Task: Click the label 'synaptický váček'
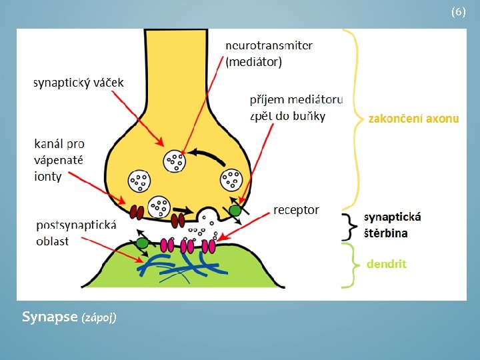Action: pyautogui.click(x=79, y=83)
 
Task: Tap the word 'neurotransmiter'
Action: pyautogui.click(x=269, y=46)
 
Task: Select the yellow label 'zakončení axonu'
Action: pyautogui.click(x=413, y=119)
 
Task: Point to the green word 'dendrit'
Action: pyautogui.click(x=386, y=264)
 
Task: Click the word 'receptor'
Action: pyautogui.click(x=296, y=210)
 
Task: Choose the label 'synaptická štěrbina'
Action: pyautogui.click(x=393, y=225)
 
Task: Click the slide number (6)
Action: pyautogui.click(x=458, y=12)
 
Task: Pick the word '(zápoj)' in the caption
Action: pyautogui.click(x=99, y=318)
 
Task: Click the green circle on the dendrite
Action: pyautogui.click(x=141, y=243)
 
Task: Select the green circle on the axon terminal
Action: pyautogui.click(x=235, y=211)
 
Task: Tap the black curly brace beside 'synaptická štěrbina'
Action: pyautogui.click(x=348, y=226)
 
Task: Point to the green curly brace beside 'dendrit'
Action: pyautogui.click(x=348, y=265)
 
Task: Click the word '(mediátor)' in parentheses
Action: pyautogui.click(x=253, y=63)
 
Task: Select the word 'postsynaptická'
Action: pyautogui.click(x=76, y=225)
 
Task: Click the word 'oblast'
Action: pyautogui.click(x=52, y=241)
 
